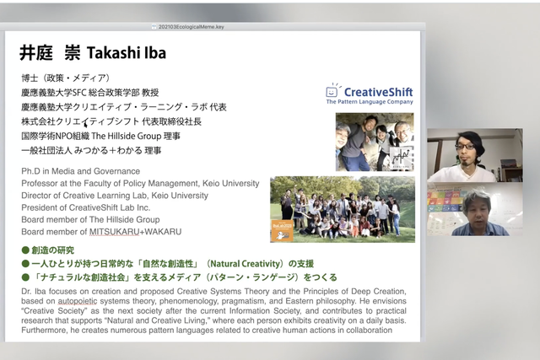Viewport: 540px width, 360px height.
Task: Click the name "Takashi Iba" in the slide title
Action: (x=127, y=53)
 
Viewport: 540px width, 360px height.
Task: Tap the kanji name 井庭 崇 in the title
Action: (x=50, y=53)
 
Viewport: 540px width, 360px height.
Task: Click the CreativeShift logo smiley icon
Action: (x=332, y=90)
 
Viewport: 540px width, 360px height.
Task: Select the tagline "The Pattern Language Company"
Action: (x=370, y=102)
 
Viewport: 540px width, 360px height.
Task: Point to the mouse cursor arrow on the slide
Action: (x=86, y=124)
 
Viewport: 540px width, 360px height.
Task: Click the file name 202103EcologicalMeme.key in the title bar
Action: (x=192, y=27)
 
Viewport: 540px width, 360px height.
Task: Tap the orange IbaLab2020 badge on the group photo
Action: (x=283, y=231)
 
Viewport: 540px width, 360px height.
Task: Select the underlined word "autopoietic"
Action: (x=78, y=301)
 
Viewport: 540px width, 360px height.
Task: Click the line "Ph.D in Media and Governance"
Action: (x=81, y=171)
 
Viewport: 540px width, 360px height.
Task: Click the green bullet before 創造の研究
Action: (x=25, y=250)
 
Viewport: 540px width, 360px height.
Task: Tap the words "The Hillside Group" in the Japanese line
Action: (x=127, y=136)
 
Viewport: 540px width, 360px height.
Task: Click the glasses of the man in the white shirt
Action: (x=465, y=147)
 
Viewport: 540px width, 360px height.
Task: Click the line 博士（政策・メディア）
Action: (x=66, y=78)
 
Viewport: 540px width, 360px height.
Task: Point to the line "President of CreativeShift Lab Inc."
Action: (x=86, y=207)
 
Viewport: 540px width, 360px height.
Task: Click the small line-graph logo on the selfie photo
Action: (x=401, y=159)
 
